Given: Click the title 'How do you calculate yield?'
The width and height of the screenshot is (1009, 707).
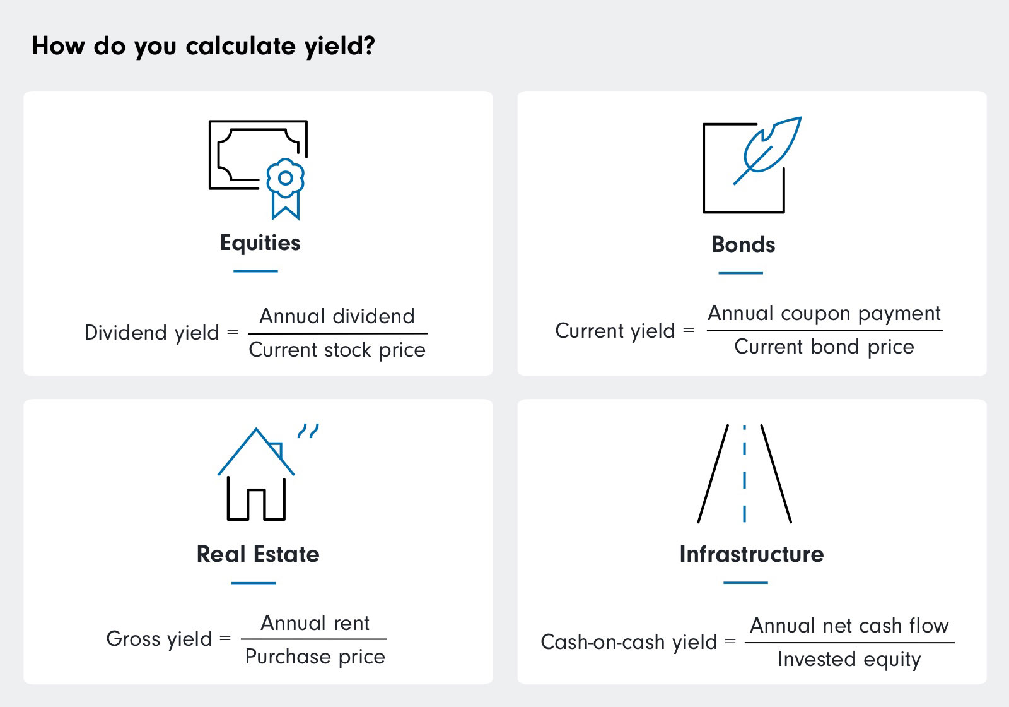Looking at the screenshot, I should pos(203,46).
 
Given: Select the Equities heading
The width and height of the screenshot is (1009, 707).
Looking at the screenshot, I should pos(260,243).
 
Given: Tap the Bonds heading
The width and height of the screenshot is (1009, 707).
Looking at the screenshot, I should pos(743,244).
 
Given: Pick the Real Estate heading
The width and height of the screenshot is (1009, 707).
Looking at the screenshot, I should pos(258,554).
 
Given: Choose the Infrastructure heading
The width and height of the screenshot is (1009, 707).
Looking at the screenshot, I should pos(751,554).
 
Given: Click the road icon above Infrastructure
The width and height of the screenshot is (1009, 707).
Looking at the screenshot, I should pos(744,473).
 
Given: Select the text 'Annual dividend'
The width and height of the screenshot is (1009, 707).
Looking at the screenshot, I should pos(337,316).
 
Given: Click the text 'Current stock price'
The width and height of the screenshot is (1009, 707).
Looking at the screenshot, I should pos(337,350).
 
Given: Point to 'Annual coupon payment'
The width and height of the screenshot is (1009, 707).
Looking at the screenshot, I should pos(824,314).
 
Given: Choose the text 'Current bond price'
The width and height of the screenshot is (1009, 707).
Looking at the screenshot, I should pos(824,347).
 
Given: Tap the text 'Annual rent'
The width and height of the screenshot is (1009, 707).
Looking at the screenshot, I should pos(315,623).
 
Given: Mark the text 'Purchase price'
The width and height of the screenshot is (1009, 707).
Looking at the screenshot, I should pos(315,657).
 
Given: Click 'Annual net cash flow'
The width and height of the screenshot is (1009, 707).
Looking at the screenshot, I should pos(849,626).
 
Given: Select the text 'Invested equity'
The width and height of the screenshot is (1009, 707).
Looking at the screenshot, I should pos(849,660).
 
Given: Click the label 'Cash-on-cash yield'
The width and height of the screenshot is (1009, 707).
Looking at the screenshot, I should pos(629,643).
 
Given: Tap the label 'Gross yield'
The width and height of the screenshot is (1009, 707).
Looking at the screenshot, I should pos(159,639).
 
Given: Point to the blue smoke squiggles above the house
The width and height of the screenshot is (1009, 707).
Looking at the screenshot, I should pos(308,431).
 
